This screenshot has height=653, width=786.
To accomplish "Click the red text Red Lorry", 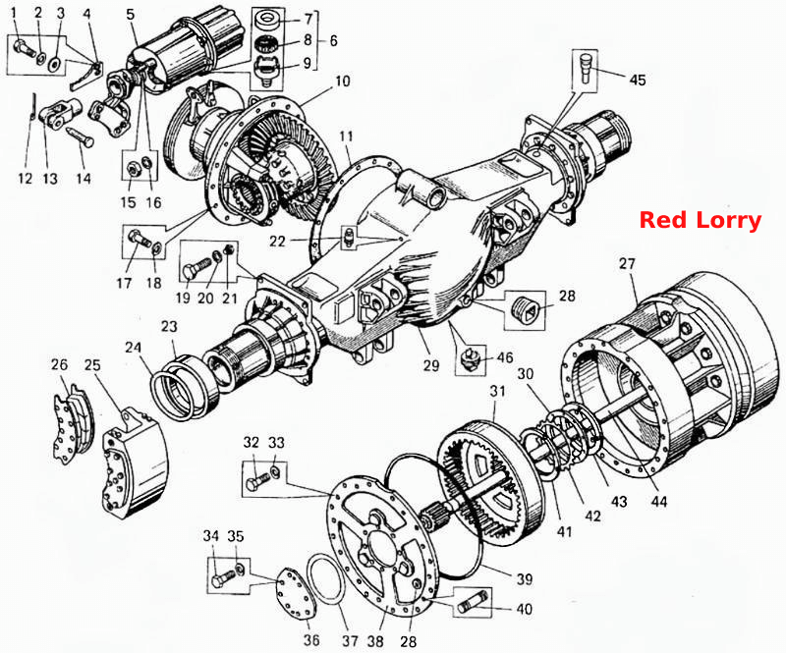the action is click(x=701, y=220).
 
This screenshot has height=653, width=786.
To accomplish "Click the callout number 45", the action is click(x=638, y=81).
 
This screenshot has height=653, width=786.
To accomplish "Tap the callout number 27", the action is click(x=627, y=263).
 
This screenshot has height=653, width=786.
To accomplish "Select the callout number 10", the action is click(x=342, y=82).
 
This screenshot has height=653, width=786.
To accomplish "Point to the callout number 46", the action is click(x=505, y=357).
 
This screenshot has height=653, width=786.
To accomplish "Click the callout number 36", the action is click(x=311, y=640).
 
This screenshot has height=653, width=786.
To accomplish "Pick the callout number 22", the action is click(x=277, y=241).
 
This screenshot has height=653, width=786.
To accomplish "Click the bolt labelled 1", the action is click(x=24, y=50).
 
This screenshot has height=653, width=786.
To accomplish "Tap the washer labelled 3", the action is click(x=54, y=64).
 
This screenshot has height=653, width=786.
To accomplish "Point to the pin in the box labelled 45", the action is click(x=586, y=68).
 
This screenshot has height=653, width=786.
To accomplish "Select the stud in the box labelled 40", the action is click(x=472, y=603).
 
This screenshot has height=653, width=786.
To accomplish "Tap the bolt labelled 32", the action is click(x=257, y=481).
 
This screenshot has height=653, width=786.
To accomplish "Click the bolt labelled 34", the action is click(x=223, y=577).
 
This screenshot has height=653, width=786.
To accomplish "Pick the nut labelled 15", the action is click(x=133, y=171).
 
